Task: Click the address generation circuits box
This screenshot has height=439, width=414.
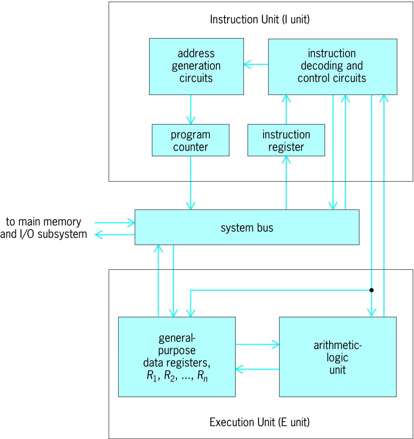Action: click(196, 66)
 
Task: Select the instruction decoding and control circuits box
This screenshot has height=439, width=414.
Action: click(332, 66)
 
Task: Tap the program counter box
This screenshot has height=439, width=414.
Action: click(190, 140)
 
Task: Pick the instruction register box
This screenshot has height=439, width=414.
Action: click(286, 140)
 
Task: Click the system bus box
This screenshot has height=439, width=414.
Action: click(247, 227)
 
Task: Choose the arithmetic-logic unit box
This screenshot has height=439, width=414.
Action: click(338, 357)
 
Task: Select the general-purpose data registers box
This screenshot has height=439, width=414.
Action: click(177, 357)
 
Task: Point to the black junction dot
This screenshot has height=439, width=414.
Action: click(372, 290)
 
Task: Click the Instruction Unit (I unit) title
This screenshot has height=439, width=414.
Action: click(260, 19)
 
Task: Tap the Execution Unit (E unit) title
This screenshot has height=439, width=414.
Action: click(259, 422)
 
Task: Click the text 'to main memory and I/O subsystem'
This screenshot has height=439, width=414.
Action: click(44, 228)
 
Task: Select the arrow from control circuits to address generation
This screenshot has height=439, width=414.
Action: click(256, 65)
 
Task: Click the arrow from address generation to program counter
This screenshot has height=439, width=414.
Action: click(190, 109)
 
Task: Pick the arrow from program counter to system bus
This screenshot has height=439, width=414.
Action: click(190, 183)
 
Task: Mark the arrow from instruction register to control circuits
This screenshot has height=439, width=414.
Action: click(286, 109)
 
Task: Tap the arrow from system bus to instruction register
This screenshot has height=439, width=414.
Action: click(286, 183)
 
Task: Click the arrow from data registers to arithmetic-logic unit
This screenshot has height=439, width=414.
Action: click(257, 343)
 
